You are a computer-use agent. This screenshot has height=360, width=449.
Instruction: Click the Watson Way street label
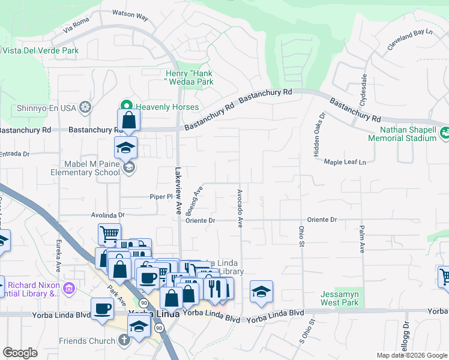click(x=130, y=17)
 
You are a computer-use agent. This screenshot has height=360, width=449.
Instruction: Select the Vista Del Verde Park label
click(x=40, y=51)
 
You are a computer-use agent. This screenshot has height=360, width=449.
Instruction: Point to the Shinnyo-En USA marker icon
click(x=86, y=107)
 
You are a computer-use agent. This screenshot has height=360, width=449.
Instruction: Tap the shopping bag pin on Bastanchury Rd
click(x=129, y=121)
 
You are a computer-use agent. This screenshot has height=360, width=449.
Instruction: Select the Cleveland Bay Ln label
click(x=409, y=40)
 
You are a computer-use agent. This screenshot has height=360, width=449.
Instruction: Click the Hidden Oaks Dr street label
click(x=319, y=135)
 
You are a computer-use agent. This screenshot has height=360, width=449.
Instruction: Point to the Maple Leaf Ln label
click(x=345, y=161)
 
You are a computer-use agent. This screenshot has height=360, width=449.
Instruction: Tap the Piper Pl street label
click(x=161, y=196)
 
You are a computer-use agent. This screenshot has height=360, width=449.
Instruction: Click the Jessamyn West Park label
click(x=340, y=298)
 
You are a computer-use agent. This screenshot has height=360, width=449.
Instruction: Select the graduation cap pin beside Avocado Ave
click(x=261, y=292)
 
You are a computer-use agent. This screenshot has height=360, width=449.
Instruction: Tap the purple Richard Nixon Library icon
click(x=70, y=289)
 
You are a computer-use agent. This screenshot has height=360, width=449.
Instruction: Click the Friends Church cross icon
click(x=124, y=341)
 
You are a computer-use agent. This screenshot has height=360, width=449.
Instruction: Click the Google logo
click(x=20, y=353)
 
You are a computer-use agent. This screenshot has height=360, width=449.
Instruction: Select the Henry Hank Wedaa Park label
click(x=189, y=77)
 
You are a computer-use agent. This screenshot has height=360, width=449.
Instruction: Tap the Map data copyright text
click(x=411, y=355)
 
